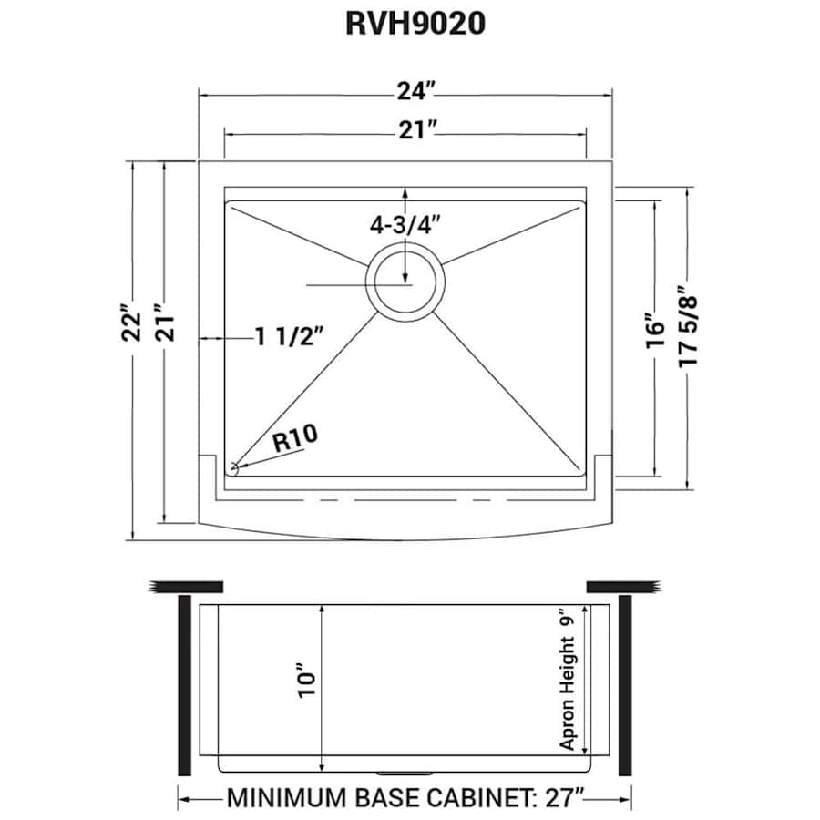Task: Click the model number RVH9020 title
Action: [x=415, y=24]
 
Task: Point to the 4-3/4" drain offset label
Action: [x=405, y=225]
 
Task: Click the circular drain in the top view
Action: [x=405, y=280]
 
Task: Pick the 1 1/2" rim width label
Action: [x=289, y=336]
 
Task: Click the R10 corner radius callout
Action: [x=294, y=439]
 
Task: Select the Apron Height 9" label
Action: [x=569, y=680]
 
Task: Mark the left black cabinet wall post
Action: [x=183, y=684]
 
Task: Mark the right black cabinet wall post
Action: [x=626, y=684]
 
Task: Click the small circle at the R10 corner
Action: [x=233, y=468]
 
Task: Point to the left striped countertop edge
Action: [x=186, y=585]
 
